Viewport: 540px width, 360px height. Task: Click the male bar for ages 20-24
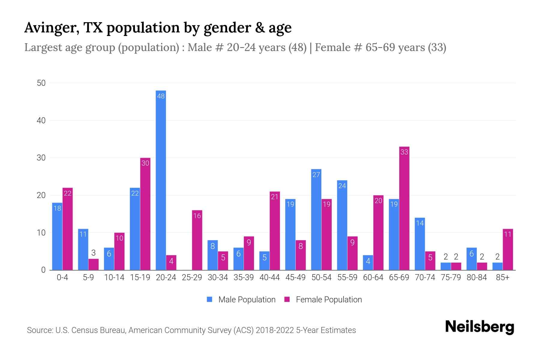161,180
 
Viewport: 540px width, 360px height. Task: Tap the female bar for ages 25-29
197,240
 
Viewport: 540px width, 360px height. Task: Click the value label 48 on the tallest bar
161,96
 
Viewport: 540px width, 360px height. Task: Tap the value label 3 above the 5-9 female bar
93,253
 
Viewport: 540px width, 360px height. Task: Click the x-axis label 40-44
269,277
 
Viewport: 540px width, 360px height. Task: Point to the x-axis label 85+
502,277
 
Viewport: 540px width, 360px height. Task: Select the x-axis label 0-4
62,277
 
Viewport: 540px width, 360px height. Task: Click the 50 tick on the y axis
41,83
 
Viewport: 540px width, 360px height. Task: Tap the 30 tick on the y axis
41,158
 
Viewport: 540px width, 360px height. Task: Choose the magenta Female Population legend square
287,299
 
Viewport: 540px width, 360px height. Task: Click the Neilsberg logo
479,327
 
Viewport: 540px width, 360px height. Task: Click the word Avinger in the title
51,28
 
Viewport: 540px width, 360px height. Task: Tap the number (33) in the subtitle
437,47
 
